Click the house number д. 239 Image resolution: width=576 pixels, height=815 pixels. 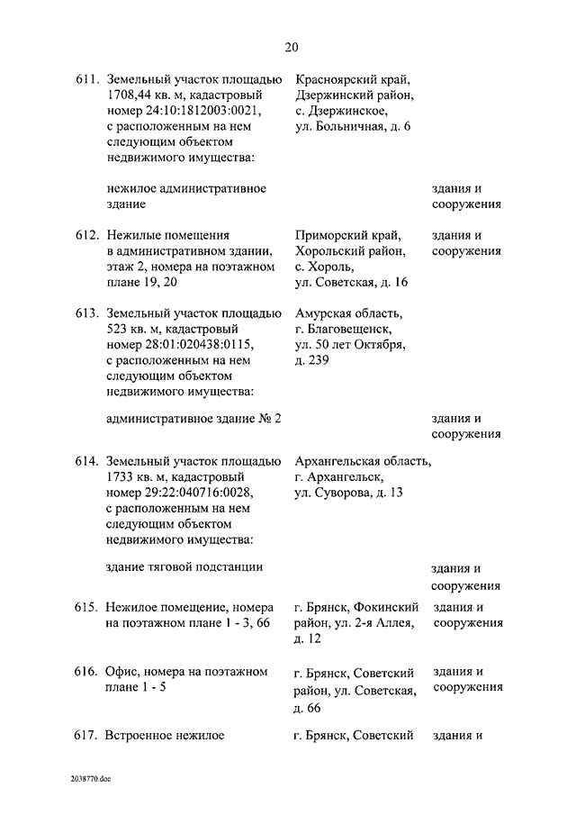coord(312,362)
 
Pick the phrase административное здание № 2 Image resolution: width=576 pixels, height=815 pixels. coord(193,418)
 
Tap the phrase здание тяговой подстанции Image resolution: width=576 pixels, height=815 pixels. coord(184,566)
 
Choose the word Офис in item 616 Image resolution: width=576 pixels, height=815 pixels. coord(121,673)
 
